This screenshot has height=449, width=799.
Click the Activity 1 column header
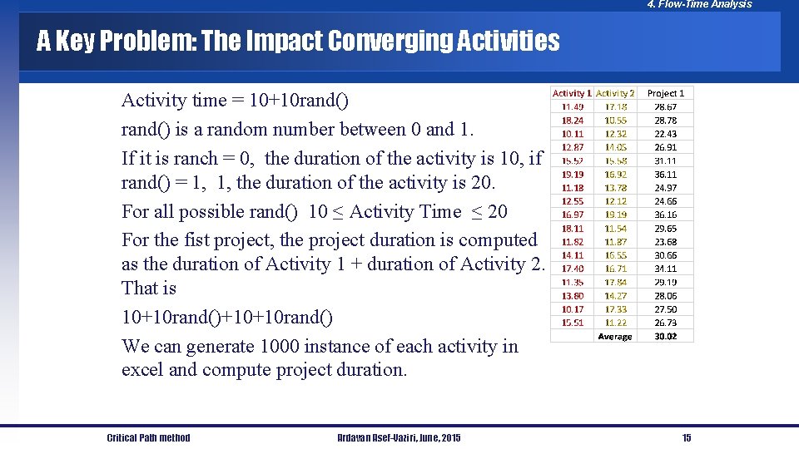point(573,93)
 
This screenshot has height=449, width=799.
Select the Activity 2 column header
point(616,93)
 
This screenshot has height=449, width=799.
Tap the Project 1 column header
point(665,93)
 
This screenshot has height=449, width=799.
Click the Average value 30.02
point(665,337)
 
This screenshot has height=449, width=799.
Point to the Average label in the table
point(615,337)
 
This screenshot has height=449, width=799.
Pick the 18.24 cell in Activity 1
point(573,121)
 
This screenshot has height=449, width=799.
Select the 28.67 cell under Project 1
point(665,107)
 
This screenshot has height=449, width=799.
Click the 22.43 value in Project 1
point(665,134)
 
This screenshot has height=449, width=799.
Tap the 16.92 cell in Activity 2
point(616,175)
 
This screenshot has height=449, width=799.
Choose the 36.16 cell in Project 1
point(665,215)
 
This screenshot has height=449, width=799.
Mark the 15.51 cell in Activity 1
point(573,323)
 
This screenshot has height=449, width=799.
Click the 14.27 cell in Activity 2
point(616,296)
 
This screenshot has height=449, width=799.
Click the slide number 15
point(687,438)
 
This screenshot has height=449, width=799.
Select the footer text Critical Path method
point(148,438)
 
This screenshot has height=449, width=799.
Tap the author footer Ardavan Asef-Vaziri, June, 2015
point(399,438)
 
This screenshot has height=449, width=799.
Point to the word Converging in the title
point(390,42)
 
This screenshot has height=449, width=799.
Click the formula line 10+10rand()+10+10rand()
point(227,318)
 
